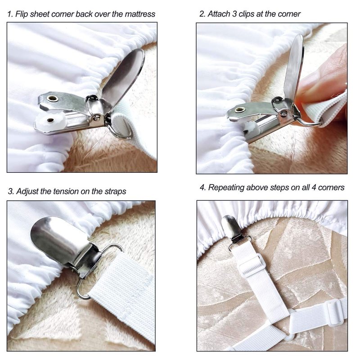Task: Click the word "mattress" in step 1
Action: click(x=140, y=14)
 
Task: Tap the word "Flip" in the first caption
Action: click(x=22, y=14)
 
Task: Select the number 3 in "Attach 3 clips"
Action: click(x=234, y=14)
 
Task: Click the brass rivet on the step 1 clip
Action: click(x=52, y=99)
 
